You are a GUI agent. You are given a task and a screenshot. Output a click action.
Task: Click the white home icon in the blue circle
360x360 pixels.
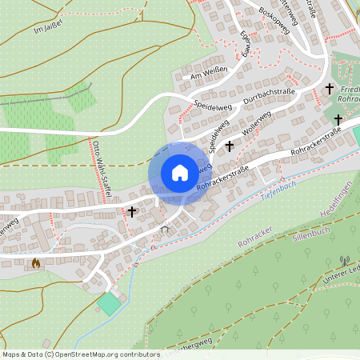[179, 172]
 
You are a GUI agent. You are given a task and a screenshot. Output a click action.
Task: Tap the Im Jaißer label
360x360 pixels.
[49, 30]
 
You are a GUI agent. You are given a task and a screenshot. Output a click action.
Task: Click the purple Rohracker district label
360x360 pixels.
[256, 240]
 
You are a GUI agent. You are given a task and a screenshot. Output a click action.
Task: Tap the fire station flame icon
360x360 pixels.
[35, 262]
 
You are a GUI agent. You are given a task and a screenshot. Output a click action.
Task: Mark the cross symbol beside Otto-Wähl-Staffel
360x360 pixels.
[132, 211]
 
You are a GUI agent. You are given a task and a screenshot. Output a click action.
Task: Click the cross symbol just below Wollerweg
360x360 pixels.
[230, 146]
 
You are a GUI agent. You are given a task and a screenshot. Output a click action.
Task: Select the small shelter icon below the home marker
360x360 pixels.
[165, 230]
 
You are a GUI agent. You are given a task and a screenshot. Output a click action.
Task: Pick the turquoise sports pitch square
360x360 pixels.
[109, 303]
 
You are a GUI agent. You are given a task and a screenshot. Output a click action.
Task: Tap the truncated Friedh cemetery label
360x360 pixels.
[350, 90]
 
